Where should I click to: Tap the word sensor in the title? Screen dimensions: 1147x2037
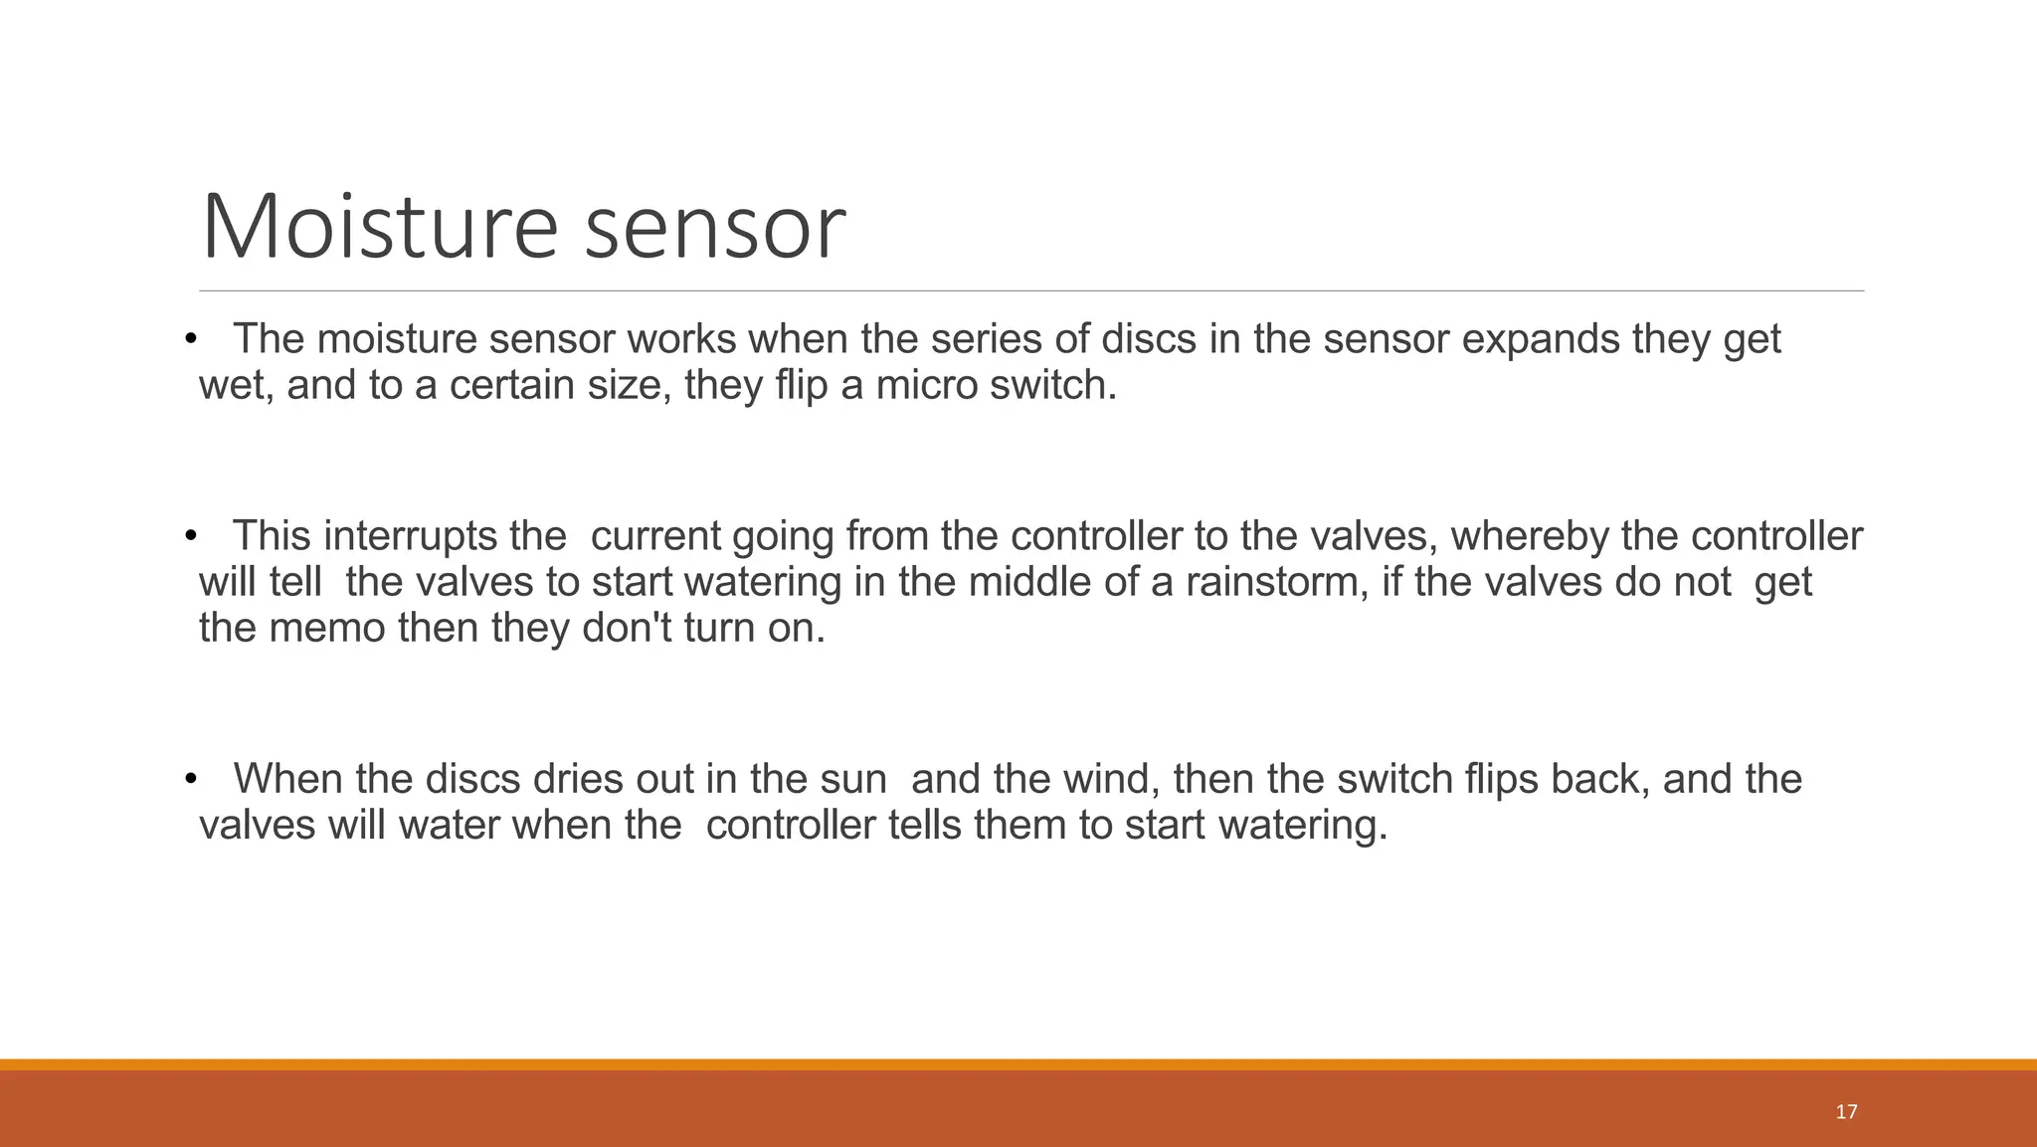tap(714, 229)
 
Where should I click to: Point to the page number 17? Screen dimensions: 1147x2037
tap(1846, 1111)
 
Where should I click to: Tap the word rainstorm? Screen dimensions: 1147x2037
tap(1271, 583)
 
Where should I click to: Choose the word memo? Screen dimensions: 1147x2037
tap(323, 629)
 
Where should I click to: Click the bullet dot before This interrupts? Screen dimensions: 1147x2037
tap(191, 537)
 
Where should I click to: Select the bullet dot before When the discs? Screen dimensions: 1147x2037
tap(191, 779)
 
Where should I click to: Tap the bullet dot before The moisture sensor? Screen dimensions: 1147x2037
tap(191, 340)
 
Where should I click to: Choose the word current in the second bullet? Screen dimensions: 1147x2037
tap(655, 537)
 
